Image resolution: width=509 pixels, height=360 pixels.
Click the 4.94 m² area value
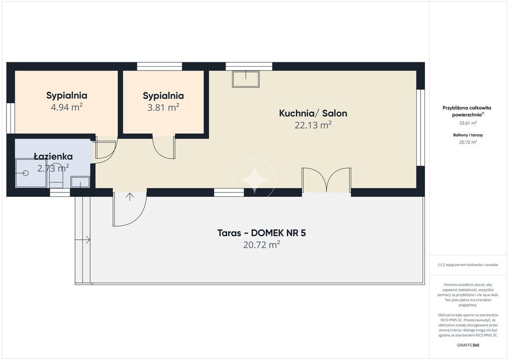[67, 107]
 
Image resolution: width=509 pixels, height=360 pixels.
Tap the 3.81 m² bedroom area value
[163, 107]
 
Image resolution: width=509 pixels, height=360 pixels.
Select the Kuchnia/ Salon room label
[313, 113]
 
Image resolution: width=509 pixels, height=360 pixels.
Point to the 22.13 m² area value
[313, 125]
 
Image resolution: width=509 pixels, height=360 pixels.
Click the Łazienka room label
[53, 156]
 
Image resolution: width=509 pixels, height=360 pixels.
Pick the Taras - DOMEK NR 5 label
[261, 233]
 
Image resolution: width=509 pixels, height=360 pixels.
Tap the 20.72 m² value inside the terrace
[261, 245]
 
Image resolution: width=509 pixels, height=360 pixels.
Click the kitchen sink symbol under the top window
[246, 79]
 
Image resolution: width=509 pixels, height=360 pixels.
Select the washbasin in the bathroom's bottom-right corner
[80, 182]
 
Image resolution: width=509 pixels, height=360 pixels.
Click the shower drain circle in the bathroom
[26, 174]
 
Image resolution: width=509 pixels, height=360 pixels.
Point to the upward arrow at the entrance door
[130, 197]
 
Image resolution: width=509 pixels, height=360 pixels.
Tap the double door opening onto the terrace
[327, 180]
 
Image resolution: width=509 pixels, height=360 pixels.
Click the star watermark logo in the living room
[254, 180]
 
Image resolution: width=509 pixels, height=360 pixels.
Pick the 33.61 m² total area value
[468, 123]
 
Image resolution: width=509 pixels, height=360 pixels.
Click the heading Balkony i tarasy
[468, 135]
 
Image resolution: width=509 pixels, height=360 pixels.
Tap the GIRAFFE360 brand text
[468, 345]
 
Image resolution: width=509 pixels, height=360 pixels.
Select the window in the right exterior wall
[421, 128]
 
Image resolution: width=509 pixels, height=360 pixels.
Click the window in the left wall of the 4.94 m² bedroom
[10, 118]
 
